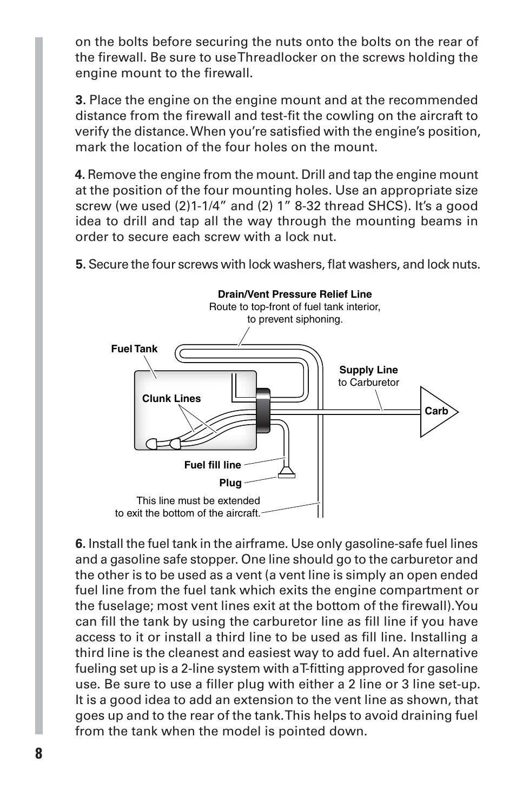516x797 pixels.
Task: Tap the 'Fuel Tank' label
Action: click(134, 349)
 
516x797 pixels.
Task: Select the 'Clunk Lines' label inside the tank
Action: click(171, 399)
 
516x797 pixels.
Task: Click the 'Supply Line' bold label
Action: click(368, 370)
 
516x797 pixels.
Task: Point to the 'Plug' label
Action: click(230, 483)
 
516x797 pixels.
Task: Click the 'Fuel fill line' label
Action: click(213, 465)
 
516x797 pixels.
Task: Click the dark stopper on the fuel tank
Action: click(263, 410)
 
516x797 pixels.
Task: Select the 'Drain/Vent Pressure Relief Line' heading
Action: click(295, 294)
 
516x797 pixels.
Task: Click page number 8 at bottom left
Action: click(38, 754)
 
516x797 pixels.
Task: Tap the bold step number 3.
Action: click(80, 101)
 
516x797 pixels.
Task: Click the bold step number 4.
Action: click(80, 175)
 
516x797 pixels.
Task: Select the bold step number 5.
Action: click(80, 265)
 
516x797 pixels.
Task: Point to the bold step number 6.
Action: click(80, 544)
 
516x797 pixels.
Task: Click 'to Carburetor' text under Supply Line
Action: click(368, 383)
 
